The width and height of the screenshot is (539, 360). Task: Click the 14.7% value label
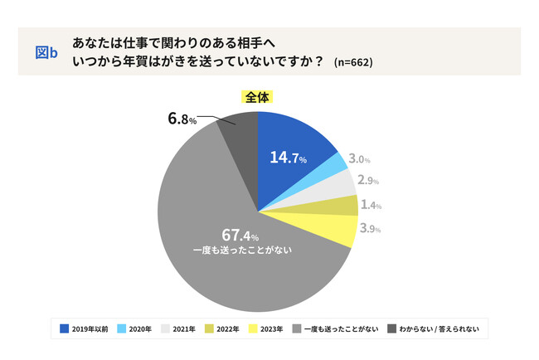288,158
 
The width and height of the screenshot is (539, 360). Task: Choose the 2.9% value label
367,180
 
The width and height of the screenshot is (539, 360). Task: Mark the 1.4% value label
370,205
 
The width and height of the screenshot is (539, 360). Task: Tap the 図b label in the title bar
46,52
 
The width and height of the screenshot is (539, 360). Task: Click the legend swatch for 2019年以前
65,329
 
